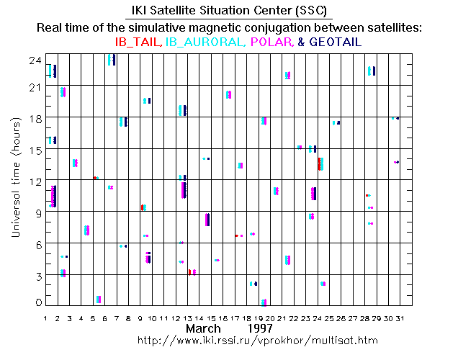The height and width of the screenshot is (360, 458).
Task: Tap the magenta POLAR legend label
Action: click(x=270, y=42)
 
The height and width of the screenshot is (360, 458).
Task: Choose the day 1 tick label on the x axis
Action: click(x=46, y=318)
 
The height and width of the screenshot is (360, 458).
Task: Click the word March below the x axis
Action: click(x=204, y=328)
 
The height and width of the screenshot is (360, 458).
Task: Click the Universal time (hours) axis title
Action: click(x=14, y=180)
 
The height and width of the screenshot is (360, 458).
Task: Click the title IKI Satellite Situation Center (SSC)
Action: click(x=228, y=11)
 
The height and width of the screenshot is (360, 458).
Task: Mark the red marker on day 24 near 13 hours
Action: click(x=319, y=163)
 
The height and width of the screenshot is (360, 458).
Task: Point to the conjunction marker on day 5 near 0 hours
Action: click(x=98, y=299)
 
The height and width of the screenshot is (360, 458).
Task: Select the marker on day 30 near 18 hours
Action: click(x=395, y=118)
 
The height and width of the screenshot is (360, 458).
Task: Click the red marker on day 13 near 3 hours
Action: click(x=189, y=271)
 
